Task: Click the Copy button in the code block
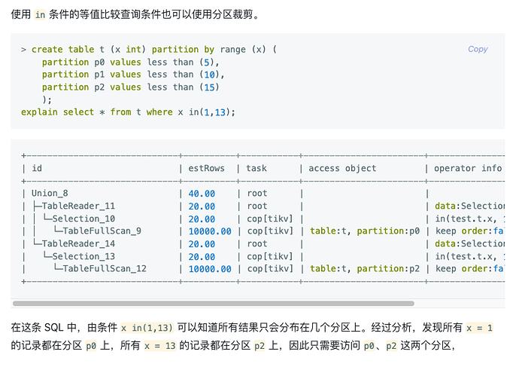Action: (x=478, y=49)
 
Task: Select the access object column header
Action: (x=341, y=168)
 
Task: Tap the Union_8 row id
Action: (x=50, y=194)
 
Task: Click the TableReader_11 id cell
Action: (x=77, y=206)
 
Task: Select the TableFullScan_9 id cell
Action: (x=102, y=231)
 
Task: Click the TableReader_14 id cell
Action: (x=77, y=243)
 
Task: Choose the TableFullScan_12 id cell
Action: (x=105, y=269)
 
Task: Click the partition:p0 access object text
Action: (x=388, y=231)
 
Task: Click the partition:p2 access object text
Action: (x=388, y=269)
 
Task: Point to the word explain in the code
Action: (x=39, y=112)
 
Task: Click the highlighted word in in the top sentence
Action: (x=41, y=14)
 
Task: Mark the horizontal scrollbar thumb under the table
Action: (x=213, y=303)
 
